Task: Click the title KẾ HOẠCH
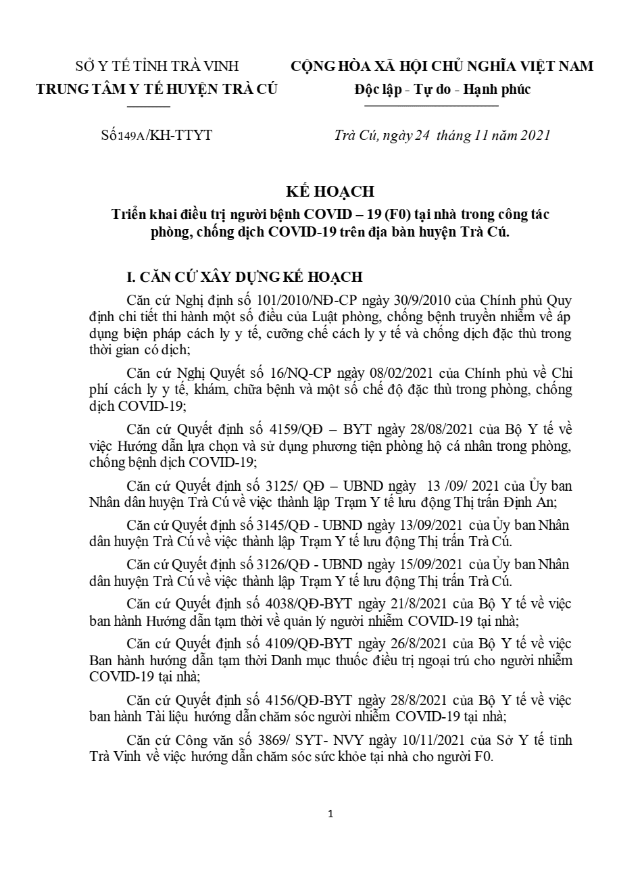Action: pyautogui.click(x=330, y=191)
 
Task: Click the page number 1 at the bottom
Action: pyautogui.click(x=330, y=814)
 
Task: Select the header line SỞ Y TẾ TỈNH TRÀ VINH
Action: pyautogui.click(x=157, y=66)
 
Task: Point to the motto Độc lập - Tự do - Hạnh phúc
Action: pyautogui.click(x=443, y=89)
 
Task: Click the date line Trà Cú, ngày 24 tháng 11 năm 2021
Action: pyautogui.click(x=443, y=135)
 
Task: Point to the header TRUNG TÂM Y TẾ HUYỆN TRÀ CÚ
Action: pyautogui.click(x=157, y=89)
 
